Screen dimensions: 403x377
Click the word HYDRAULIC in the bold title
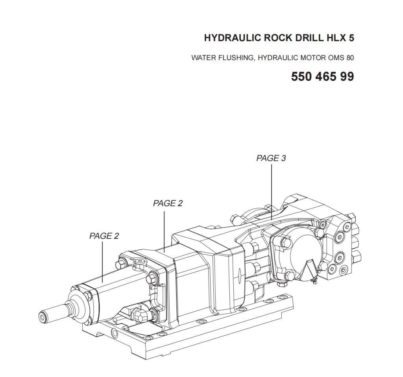tap(233, 38)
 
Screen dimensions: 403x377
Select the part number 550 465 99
tap(323, 76)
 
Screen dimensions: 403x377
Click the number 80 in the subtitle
tap(350, 57)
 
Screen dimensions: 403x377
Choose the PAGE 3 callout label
tap(271, 158)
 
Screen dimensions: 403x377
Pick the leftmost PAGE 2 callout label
tap(104, 236)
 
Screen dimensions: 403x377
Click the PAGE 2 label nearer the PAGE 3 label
tap(168, 203)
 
